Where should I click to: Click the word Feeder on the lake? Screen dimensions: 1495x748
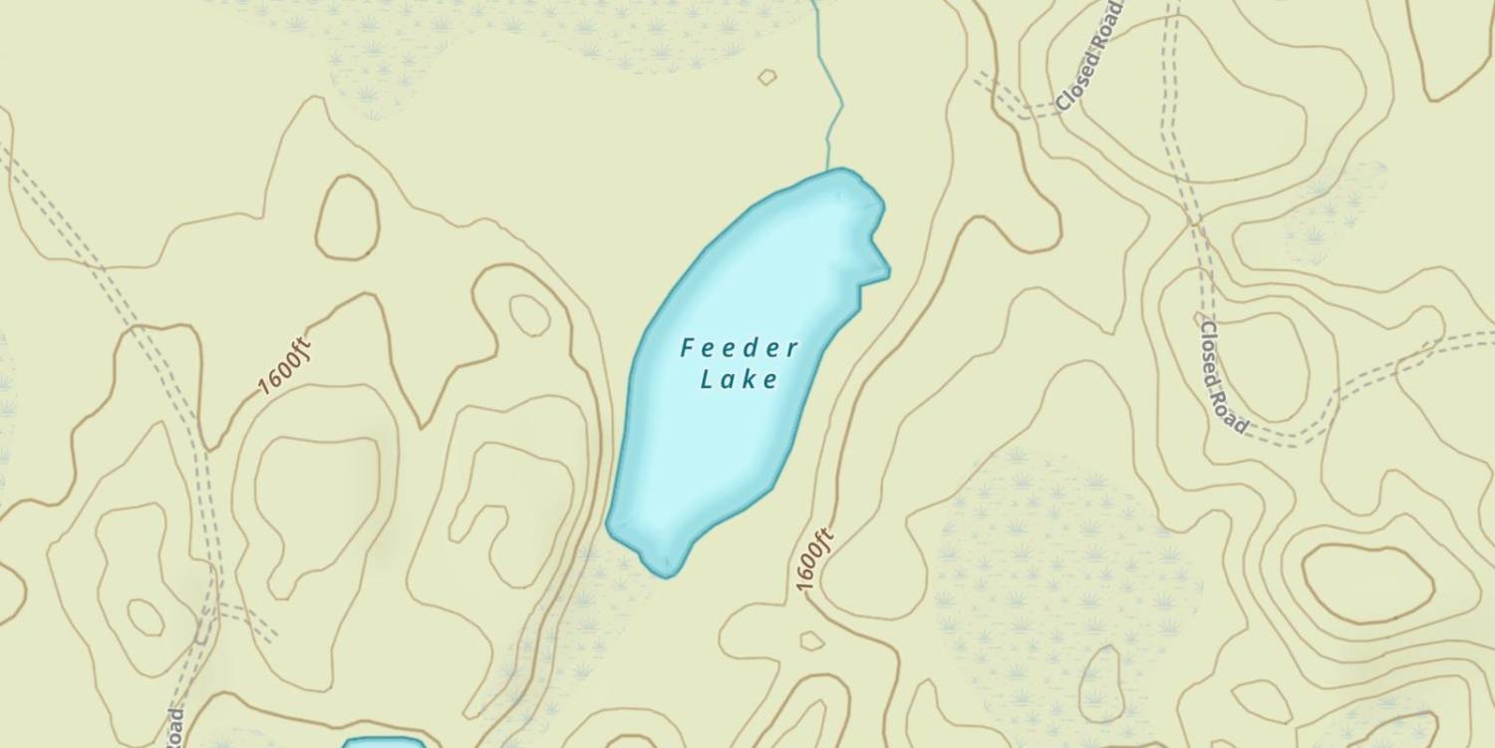[x=740, y=348]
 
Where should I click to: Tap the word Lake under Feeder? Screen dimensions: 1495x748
[x=739, y=379]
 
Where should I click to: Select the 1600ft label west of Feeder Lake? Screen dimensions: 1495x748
[x=285, y=368]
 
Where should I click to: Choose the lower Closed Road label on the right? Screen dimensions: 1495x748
[x=1224, y=377]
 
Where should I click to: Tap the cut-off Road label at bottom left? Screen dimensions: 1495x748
[x=175, y=727]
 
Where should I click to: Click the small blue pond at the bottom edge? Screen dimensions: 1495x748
[x=384, y=743]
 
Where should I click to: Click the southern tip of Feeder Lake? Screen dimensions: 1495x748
[x=663, y=566]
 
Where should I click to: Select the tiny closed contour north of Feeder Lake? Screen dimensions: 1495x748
[x=766, y=77]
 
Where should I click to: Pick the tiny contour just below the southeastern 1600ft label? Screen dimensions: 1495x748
[x=811, y=639]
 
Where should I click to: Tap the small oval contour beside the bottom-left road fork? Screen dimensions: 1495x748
[x=146, y=617]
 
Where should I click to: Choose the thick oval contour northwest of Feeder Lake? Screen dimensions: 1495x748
[x=347, y=216]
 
